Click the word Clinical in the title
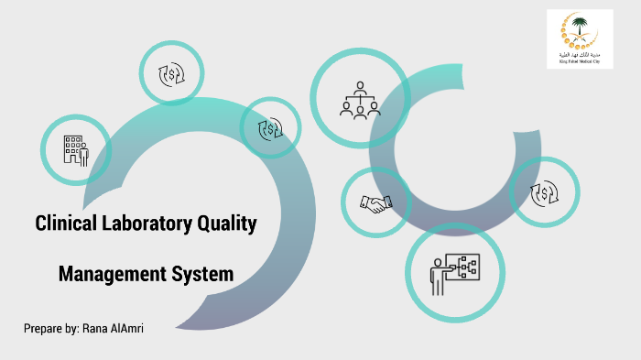point(66,223)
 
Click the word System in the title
point(202,273)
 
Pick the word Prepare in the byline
point(42,328)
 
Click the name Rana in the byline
point(95,328)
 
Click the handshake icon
point(375,203)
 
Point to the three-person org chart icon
point(360,100)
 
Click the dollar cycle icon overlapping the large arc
point(271,129)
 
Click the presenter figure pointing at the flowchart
point(440,274)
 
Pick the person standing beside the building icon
point(83,154)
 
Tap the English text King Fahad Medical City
point(580,62)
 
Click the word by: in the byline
point(72,328)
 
